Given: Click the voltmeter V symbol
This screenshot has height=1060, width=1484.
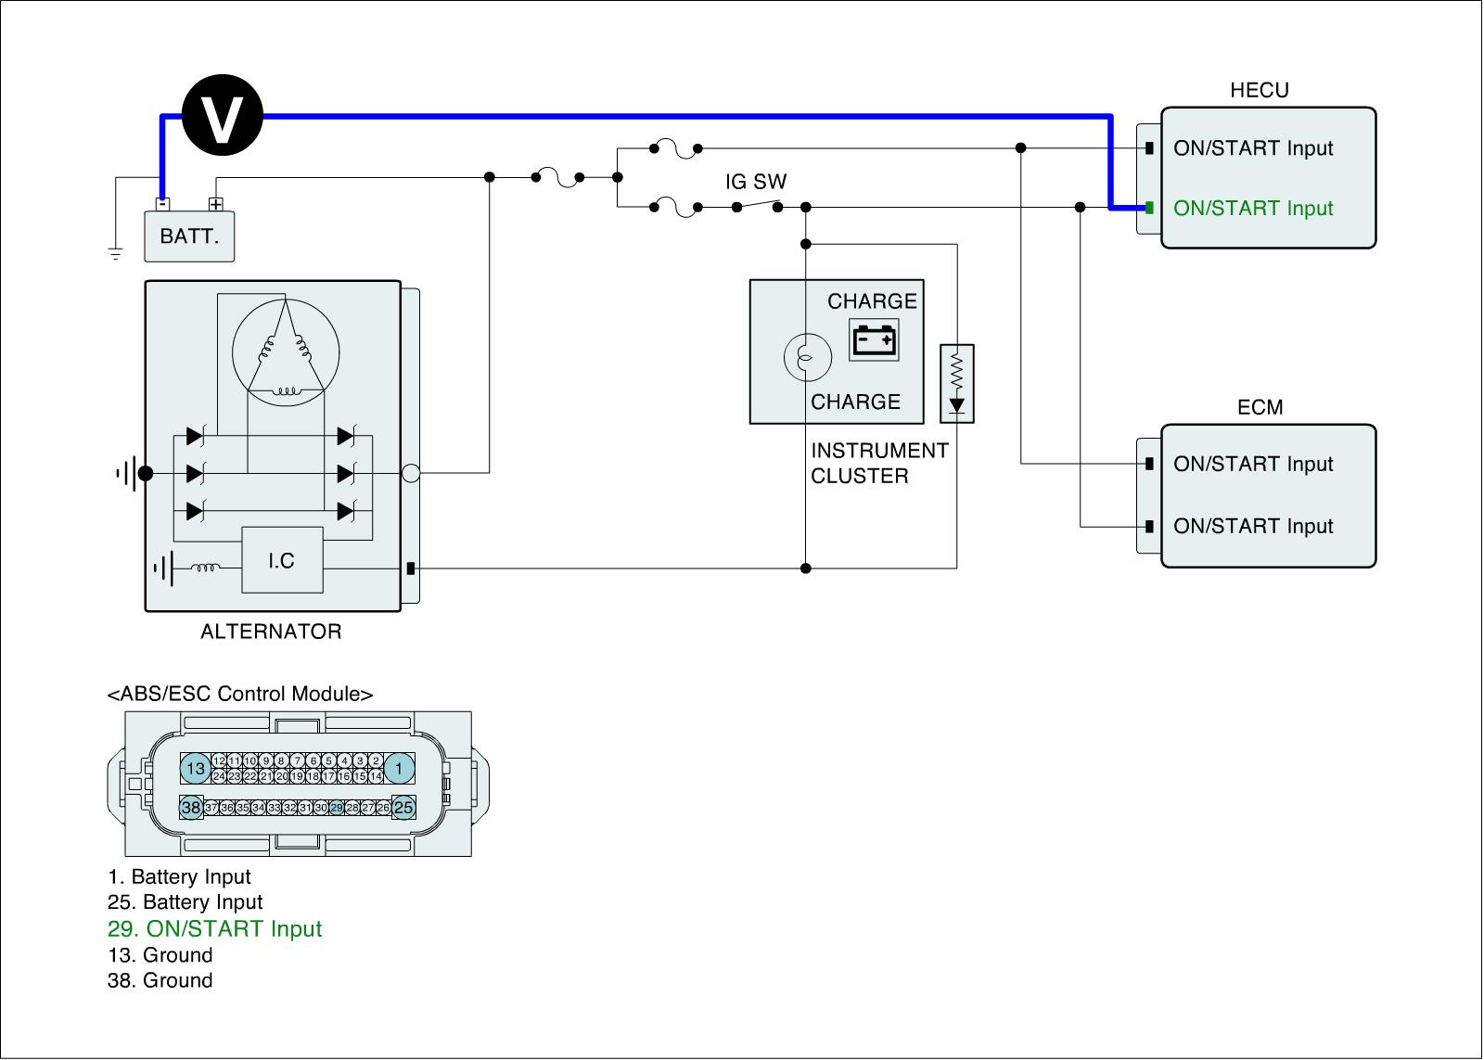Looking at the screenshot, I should click(223, 117).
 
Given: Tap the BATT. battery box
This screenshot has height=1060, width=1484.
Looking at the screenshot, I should click(189, 236).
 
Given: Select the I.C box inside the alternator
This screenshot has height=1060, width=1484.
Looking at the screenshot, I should click(282, 560).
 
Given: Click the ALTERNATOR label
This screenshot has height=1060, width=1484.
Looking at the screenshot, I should click(271, 632).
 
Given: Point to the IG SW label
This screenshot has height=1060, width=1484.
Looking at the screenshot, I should click(756, 182).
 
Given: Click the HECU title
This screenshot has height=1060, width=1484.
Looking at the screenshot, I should click(1259, 90).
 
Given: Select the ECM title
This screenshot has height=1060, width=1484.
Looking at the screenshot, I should click(1260, 407).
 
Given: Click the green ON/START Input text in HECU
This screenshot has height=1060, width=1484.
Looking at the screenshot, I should click(1253, 208).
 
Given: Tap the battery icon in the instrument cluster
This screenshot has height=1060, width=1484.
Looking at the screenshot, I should click(875, 340).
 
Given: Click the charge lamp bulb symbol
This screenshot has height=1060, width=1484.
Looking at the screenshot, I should click(803, 357).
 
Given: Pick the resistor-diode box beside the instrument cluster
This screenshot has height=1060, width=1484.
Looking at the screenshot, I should click(956, 383).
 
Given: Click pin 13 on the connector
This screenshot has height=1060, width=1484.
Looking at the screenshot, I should click(195, 768).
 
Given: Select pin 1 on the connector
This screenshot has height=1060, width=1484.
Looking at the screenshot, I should click(400, 768).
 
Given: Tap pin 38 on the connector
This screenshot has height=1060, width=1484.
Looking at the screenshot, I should click(191, 808).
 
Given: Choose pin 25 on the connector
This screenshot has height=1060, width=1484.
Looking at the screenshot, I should click(403, 808).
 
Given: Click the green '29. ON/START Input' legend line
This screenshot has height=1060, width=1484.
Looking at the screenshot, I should click(214, 928).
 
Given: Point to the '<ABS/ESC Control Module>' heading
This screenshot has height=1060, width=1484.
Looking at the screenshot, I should click(240, 694).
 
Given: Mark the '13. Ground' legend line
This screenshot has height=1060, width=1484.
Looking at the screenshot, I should click(160, 955).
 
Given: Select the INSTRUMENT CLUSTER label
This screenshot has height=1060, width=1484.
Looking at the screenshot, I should click(879, 463).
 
